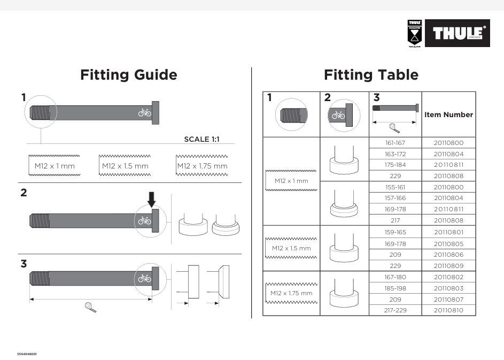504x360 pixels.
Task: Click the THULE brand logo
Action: [457, 33]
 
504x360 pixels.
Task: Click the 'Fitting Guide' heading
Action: [128, 75]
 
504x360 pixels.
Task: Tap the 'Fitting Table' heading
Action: [371, 75]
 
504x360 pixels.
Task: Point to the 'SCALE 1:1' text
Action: [201, 139]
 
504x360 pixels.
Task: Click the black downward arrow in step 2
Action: [152, 199]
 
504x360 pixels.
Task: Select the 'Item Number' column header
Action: [448, 114]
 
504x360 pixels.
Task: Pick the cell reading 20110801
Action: [448, 232]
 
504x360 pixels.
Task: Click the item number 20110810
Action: [448, 310]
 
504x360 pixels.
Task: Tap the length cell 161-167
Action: [396, 143]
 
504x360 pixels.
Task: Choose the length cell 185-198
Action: [396, 288]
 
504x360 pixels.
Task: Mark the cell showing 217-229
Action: [396, 310]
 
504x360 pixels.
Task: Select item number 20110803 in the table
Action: [448, 288]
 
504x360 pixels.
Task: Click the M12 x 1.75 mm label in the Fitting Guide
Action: [202, 166]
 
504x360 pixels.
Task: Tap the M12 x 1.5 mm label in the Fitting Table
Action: [291, 248]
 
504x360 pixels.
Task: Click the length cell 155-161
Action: [396, 187]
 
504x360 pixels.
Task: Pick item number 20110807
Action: [448, 299]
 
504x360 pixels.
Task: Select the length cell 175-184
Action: [396, 165]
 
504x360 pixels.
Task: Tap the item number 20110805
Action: [448, 244]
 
